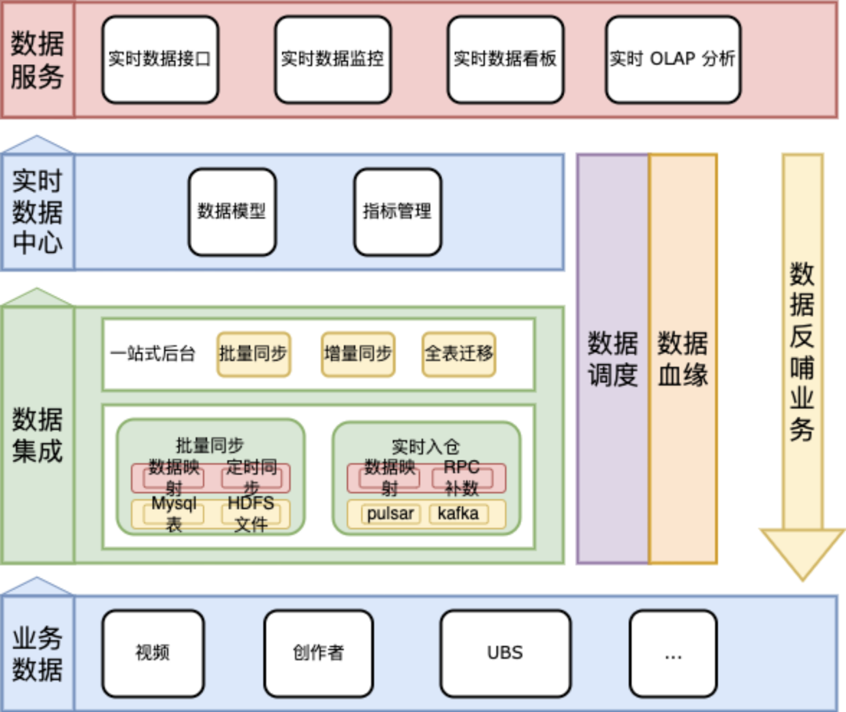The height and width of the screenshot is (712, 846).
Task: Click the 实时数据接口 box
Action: pyautogui.click(x=160, y=60)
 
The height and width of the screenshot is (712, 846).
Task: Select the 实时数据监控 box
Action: pyautogui.click(x=332, y=60)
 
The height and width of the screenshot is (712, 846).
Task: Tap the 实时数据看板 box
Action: pyautogui.click(x=504, y=60)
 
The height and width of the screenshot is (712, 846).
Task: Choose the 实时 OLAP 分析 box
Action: pyautogui.click(x=673, y=60)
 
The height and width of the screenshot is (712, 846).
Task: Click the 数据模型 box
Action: pyautogui.click(x=232, y=211)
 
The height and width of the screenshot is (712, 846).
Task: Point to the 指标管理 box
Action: pyautogui.click(x=397, y=211)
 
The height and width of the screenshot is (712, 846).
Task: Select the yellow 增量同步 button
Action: pyautogui.click(x=358, y=354)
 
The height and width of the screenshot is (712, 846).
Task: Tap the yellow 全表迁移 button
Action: pyautogui.click(x=459, y=354)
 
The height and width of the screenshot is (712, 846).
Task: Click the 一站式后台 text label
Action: pyautogui.click(x=153, y=354)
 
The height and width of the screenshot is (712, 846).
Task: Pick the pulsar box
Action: pyautogui.click(x=390, y=515)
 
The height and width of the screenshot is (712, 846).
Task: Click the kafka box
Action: pyautogui.click(x=458, y=515)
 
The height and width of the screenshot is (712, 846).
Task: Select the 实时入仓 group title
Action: pyautogui.click(x=426, y=446)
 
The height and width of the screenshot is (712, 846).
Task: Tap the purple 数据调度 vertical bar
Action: pyautogui.click(x=613, y=358)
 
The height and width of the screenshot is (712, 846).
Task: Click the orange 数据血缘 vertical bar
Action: pyautogui.click(x=683, y=358)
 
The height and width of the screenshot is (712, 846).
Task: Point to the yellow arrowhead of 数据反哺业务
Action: pyautogui.click(x=803, y=552)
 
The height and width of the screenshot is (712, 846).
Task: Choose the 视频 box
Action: pyautogui.click(x=153, y=653)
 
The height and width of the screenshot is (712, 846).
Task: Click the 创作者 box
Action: pyautogui.click(x=318, y=653)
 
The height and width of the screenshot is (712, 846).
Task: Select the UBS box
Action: pyautogui.click(x=504, y=653)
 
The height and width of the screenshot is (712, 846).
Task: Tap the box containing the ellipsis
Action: pyautogui.click(x=673, y=653)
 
